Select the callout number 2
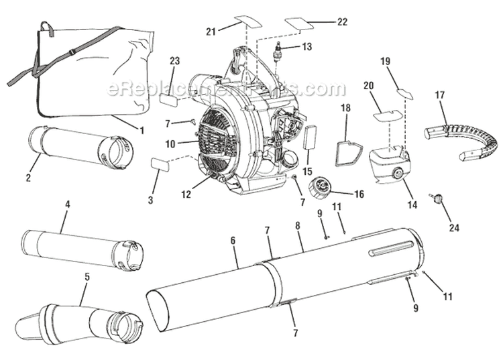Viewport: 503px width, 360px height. (x=28, y=178)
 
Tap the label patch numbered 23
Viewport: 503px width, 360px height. (x=167, y=99)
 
